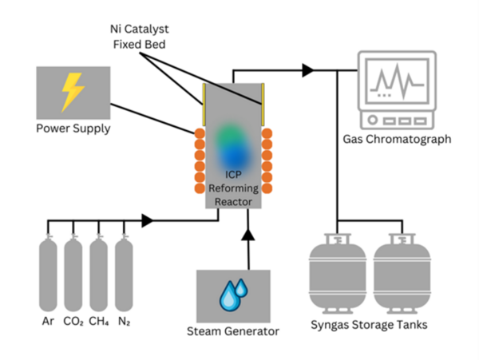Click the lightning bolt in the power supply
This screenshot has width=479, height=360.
point(71,92)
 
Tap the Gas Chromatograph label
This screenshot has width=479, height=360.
point(397,139)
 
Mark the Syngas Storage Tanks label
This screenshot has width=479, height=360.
point(370,325)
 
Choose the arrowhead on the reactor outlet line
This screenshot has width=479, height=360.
point(307,70)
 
